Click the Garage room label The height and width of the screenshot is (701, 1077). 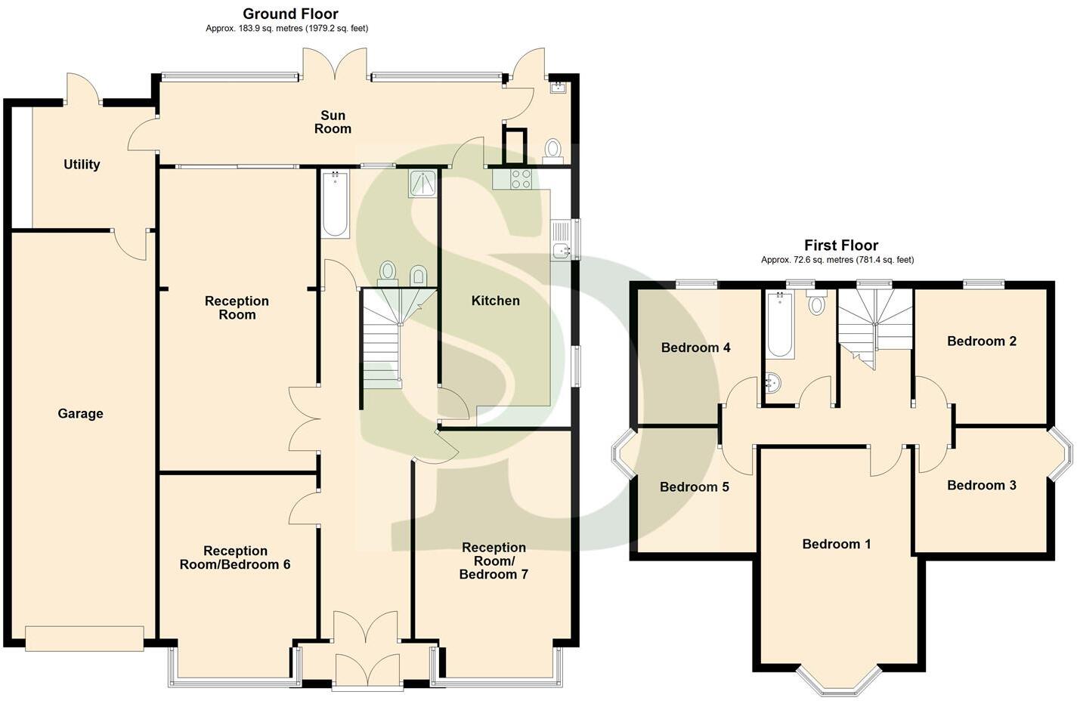80,413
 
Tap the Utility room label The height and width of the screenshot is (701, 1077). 82,164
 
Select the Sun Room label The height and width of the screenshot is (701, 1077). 333,122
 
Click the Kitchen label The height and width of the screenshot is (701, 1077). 495,301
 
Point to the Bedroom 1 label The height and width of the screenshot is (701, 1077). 836,544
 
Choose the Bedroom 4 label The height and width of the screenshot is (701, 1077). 695,347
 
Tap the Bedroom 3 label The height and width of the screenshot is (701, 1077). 981,485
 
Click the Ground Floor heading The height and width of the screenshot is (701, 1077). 290,14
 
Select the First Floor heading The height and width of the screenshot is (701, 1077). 840,245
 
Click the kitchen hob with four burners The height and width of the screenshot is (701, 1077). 521,179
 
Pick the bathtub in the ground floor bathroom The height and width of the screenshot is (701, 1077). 335,204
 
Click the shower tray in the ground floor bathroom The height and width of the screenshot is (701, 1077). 422,184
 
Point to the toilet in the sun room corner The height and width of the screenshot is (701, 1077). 552,149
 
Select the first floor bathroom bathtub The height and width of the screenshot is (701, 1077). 780,326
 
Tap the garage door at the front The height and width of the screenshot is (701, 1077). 84,638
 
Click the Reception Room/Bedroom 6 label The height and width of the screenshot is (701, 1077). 235,557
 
